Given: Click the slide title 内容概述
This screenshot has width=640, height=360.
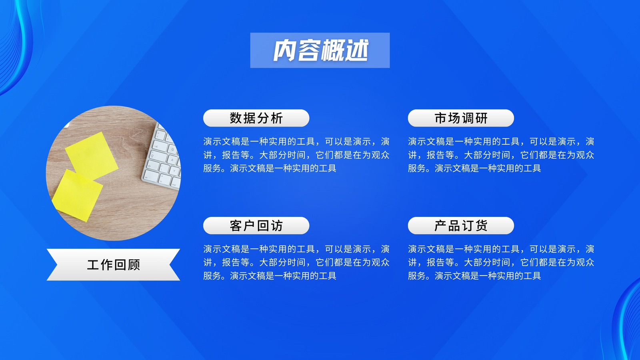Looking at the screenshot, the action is (x=320, y=50).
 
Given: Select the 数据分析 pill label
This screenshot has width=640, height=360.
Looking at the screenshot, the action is (x=256, y=118).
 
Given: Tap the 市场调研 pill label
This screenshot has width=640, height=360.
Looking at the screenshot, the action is (x=461, y=118).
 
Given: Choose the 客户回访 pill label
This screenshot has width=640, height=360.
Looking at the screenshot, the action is (x=256, y=226).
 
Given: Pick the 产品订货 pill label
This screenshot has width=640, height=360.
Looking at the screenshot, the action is (x=461, y=226).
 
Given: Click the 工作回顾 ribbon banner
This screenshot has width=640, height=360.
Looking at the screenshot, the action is (x=114, y=264).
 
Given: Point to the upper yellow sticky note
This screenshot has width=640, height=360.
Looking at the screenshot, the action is (x=92, y=156).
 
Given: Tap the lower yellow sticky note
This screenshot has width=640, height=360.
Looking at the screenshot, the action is (x=77, y=196).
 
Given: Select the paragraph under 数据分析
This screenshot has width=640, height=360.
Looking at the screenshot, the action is (x=296, y=155).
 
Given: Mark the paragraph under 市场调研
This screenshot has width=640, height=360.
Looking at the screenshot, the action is (x=501, y=155).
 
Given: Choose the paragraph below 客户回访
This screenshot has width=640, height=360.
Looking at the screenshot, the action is (x=296, y=262).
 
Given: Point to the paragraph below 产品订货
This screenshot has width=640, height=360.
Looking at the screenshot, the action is (x=501, y=262).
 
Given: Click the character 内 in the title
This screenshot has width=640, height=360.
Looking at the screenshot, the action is (x=284, y=50).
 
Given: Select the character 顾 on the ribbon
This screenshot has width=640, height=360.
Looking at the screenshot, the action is (x=134, y=265).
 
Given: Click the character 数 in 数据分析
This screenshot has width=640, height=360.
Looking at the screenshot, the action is (x=236, y=118).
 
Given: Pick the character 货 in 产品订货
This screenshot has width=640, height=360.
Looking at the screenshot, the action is (x=481, y=226).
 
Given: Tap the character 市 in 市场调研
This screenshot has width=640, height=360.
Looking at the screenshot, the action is (x=441, y=118).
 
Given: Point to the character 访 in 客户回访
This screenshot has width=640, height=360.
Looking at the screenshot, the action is (x=276, y=226).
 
